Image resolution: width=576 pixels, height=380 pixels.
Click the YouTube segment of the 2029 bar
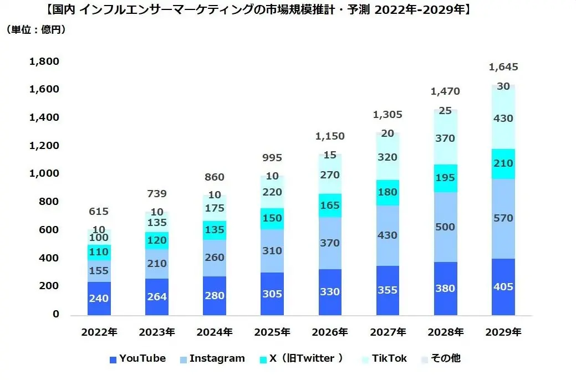coord(503,287)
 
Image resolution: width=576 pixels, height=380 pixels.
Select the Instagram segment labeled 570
coord(503,219)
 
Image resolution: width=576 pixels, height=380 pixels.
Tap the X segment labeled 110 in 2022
coord(100,253)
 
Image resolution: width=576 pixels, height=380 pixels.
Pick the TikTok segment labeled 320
coord(387,157)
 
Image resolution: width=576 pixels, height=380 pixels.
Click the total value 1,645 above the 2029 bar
coord(503,68)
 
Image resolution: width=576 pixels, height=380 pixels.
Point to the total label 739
coord(157,194)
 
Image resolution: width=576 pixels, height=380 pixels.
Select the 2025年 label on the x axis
coord(272,332)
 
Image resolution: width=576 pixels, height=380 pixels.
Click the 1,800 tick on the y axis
coord(43,61)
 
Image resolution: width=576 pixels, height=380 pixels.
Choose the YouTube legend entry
coord(137,358)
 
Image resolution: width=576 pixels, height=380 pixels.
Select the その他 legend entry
coord(442,358)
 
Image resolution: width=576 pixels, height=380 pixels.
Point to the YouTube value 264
coord(157,297)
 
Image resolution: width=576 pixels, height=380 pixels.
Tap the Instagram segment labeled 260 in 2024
coord(215,258)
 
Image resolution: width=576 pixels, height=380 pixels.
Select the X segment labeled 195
coord(445,178)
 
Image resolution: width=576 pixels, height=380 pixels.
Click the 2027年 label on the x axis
coord(388,332)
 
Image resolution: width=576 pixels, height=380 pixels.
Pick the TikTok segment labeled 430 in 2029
coord(503,118)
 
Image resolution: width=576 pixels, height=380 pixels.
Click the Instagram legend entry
coord(212,358)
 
